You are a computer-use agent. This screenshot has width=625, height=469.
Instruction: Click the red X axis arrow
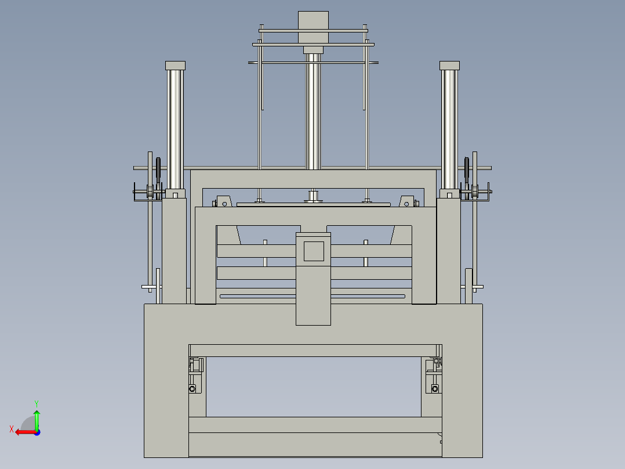click(23, 432)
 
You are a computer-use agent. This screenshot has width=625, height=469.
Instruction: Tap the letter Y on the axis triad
click(36, 402)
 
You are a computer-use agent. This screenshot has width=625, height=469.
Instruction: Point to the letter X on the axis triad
click(12, 429)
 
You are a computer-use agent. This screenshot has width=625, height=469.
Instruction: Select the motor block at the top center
click(313, 27)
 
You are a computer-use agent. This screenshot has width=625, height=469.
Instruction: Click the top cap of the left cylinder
click(175, 65)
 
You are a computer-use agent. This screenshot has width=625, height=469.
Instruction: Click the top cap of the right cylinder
click(449, 65)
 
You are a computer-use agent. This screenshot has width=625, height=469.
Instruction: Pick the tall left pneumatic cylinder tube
click(175, 128)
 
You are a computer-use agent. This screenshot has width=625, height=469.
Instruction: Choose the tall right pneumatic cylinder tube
click(449, 128)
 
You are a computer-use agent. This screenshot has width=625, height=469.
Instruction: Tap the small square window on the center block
click(314, 251)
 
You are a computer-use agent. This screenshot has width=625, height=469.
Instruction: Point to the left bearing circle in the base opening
click(192, 388)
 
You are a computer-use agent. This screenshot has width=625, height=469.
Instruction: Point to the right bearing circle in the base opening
click(434, 388)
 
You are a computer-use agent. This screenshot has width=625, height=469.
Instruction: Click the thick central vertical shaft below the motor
click(313, 110)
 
